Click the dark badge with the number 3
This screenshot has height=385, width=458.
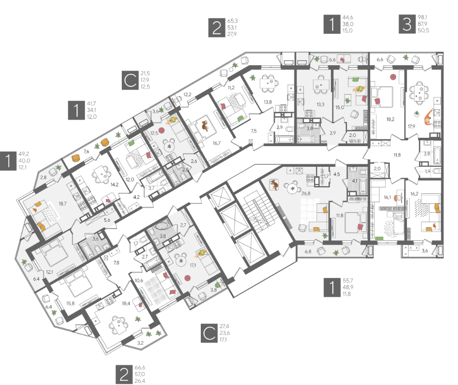[x=407, y=24]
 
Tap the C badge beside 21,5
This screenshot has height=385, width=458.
[x=130, y=80]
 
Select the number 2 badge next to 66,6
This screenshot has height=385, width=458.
[x=124, y=374]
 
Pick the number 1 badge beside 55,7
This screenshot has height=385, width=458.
[x=332, y=287]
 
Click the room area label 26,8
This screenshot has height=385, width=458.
[x=306, y=194]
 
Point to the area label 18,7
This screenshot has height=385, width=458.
[x=62, y=204]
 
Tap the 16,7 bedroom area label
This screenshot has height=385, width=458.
[x=217, y=143]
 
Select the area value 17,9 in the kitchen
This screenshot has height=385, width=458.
[x=411, y=127]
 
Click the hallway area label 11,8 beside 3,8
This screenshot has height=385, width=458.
[x=397, y=155]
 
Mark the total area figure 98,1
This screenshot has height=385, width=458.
[x=422, y=18]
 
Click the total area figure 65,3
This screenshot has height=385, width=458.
[x=233, y=21]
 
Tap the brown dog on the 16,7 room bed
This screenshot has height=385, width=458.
[x=205, y=126]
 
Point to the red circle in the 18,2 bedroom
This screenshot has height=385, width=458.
[x=393, y=77]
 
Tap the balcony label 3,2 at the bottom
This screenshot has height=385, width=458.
[x=140, y=343]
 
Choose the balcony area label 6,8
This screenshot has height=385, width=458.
[x=308, y=251]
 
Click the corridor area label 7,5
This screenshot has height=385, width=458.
[x=254, y=131]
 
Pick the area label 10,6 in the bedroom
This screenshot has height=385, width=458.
[x=139, y=281]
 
